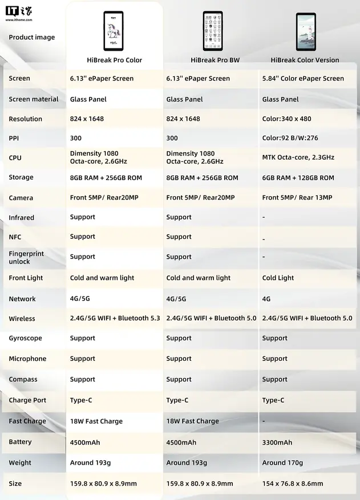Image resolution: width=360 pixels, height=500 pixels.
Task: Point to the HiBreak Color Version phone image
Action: (x=306, y=32)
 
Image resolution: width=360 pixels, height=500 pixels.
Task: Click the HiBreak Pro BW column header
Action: (x=215, y=60)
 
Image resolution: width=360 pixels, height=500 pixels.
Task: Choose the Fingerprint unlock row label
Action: (x=26, y=257)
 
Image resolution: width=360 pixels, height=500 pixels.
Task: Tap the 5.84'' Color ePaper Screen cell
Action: (x=303, y=79)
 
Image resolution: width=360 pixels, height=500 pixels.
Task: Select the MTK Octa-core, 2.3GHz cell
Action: (x=298, y=157)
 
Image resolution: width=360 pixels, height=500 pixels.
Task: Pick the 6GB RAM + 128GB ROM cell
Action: (x=298, y=178)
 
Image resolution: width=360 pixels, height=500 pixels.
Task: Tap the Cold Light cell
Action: (x=278, y=278)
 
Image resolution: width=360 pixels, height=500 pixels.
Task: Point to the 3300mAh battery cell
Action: (x=277, y=442)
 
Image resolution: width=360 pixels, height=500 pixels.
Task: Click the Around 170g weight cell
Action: (x=282, y=463)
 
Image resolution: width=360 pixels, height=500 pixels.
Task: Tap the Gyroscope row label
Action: (x=25, y=338)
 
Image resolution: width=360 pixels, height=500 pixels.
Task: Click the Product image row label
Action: (x=32, y=38)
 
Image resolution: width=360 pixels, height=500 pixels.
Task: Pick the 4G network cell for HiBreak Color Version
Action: (x=266, y=299)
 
